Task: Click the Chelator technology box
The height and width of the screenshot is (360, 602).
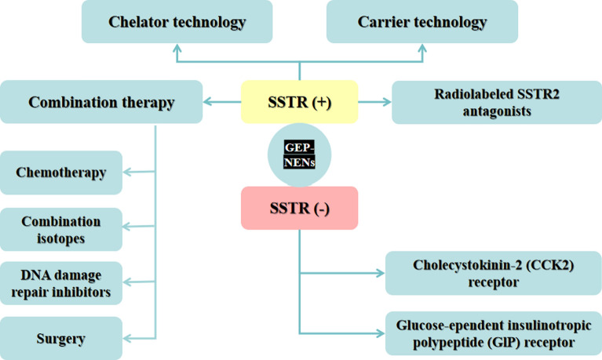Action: (177, 22)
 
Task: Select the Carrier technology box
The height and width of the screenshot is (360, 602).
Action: (422, 22)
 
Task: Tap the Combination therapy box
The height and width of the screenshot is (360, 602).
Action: (101, 102)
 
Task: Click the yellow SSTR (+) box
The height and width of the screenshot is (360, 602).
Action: (299, 102)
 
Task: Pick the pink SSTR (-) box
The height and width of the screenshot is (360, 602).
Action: (299, 208)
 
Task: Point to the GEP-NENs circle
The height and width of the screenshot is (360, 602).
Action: (299, 154)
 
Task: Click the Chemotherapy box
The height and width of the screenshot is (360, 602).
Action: (61, 173)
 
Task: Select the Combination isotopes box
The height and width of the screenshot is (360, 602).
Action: (61, 229)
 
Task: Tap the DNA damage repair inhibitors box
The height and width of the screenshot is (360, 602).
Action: (61, 283)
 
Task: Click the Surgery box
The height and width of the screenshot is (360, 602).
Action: (61, 339)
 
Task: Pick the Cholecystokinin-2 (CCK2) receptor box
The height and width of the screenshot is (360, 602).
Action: (493, 274)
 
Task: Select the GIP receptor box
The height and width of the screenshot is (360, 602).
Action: (493, 333)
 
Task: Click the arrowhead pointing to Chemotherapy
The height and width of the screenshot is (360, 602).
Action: (129, 173)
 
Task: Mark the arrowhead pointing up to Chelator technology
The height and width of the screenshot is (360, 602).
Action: (177, 49)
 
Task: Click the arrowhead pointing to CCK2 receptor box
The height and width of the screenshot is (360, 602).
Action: (381, 274)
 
